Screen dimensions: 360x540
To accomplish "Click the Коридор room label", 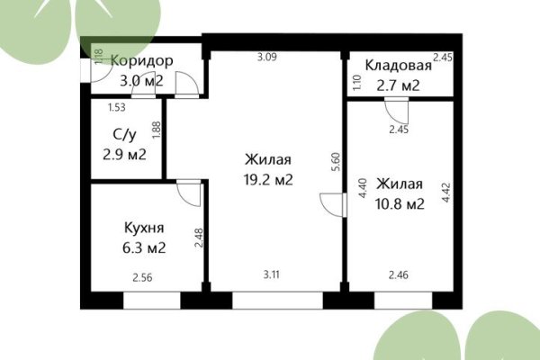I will pyautogui.click(x=141, y=60).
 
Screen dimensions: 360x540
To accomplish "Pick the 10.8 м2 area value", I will pyautogui.click(x=400, y=204).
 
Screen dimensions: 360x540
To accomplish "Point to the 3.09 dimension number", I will pyautogui.click(x=266, y=58).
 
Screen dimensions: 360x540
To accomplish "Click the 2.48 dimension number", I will pyautogui.click(x=200, y=237).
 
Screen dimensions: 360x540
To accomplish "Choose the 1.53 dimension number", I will pyautogui.click(x=116, y=108).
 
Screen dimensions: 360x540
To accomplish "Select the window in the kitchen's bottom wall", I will pyautogui.click(x=151, y=301).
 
